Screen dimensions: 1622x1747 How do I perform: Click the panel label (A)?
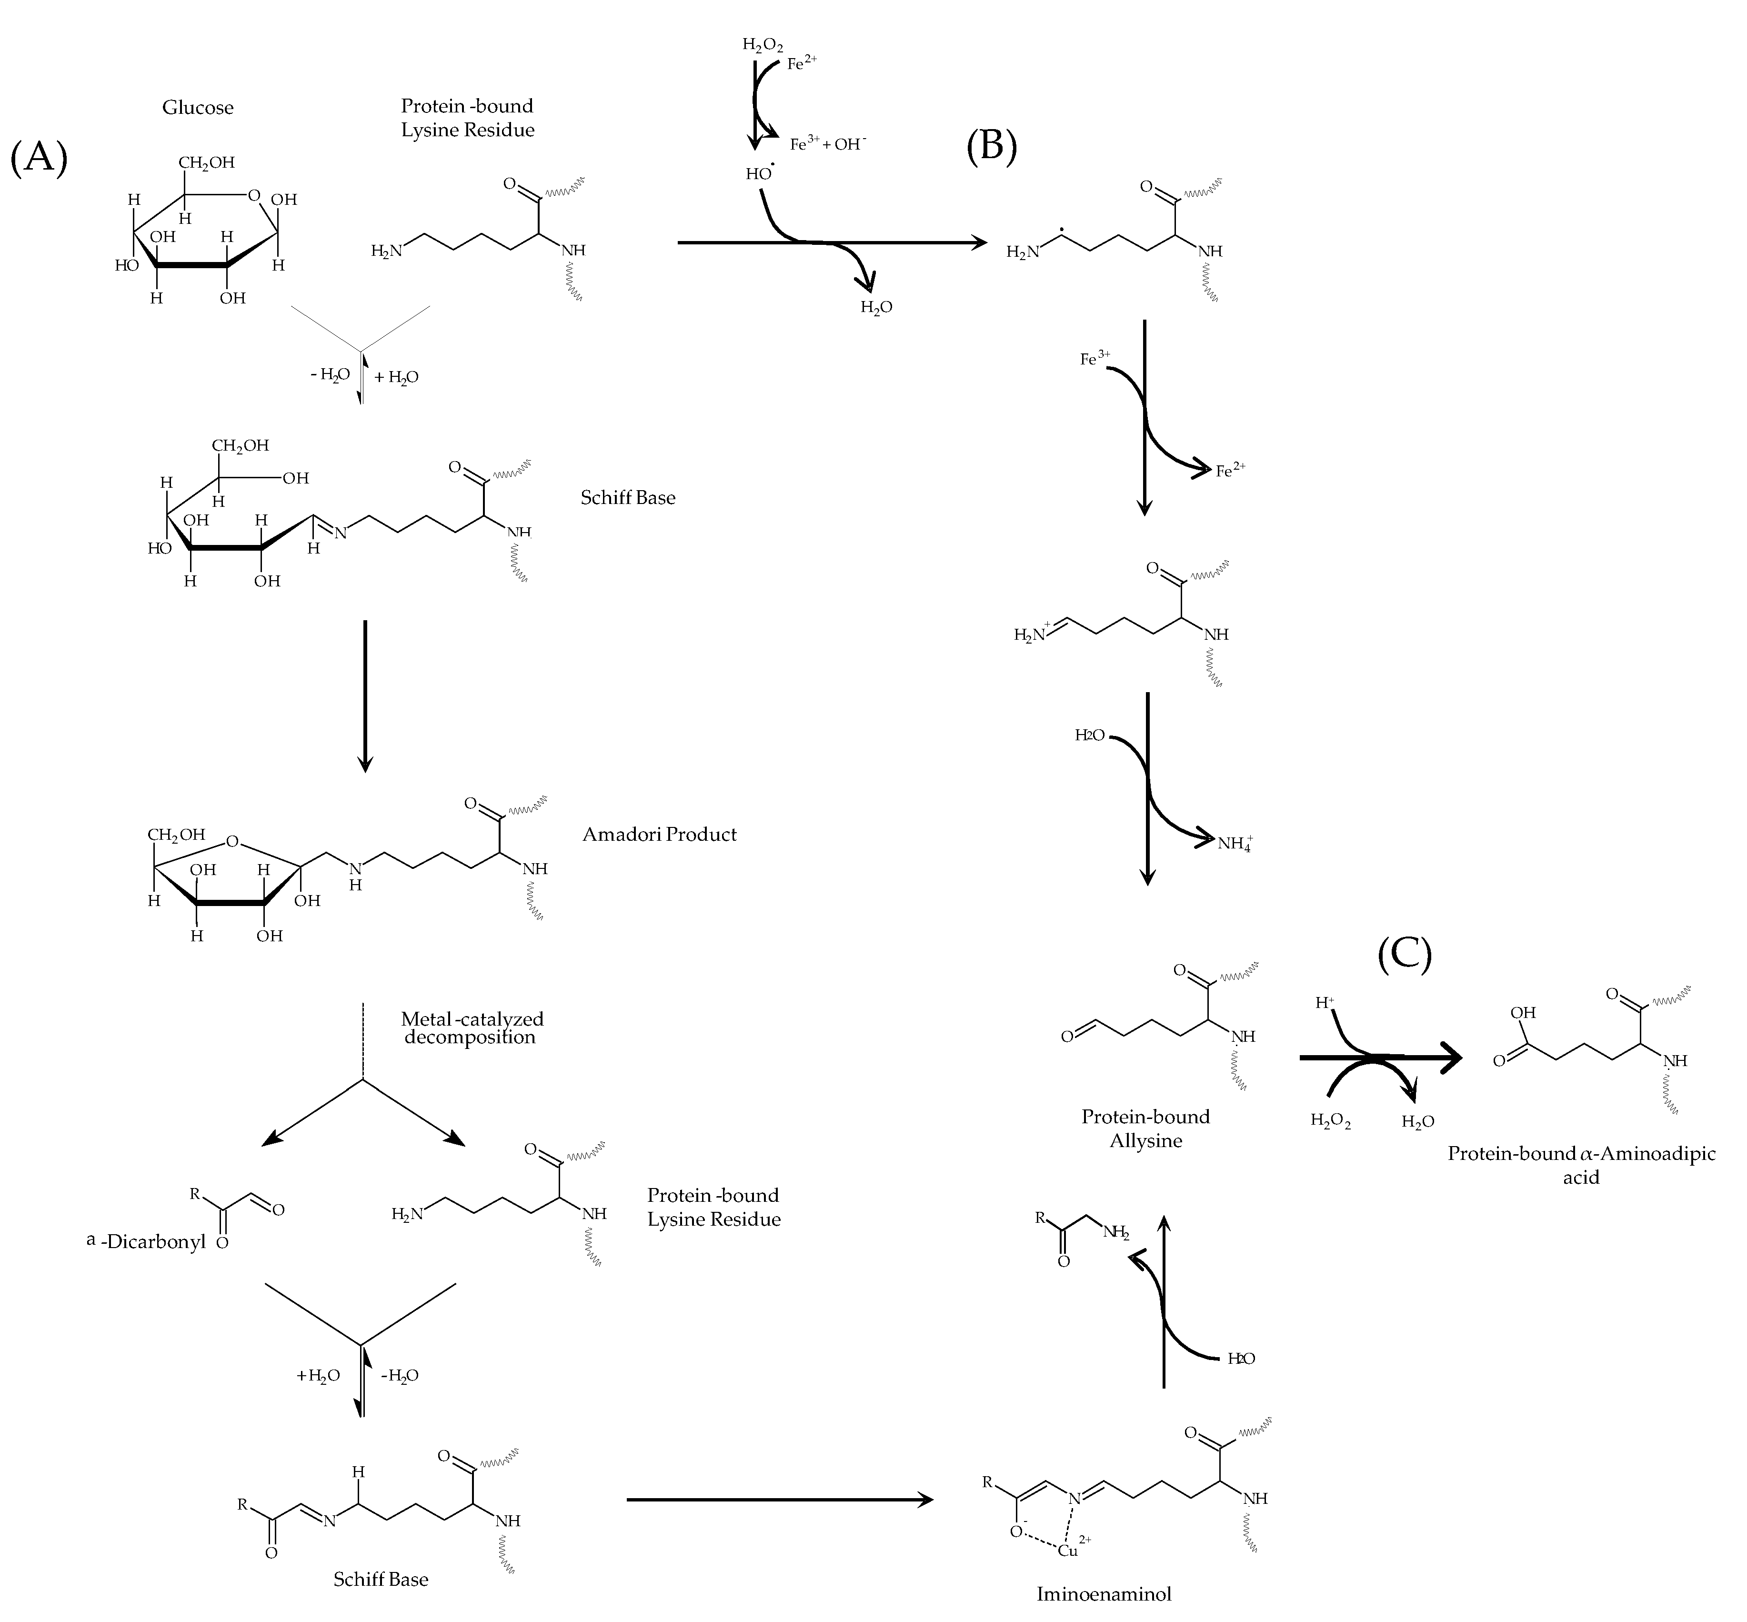click(39, 159)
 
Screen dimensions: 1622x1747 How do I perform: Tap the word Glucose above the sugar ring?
click(198, 108)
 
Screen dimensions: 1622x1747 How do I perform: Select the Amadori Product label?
click(659, 835)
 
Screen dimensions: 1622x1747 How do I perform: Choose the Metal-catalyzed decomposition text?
click(471, 1028)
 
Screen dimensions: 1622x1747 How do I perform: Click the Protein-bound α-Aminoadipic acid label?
click(1581, 1165)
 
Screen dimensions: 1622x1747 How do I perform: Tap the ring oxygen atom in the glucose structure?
click(254, 195)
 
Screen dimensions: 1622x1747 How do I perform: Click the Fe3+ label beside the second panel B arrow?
click(1094, 358)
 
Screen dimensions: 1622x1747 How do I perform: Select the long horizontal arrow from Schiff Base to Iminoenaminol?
click(779, 1500)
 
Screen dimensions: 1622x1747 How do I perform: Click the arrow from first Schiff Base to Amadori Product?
click(365, 696)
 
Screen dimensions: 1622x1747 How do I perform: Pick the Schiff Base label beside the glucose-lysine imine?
click(627, 498)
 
